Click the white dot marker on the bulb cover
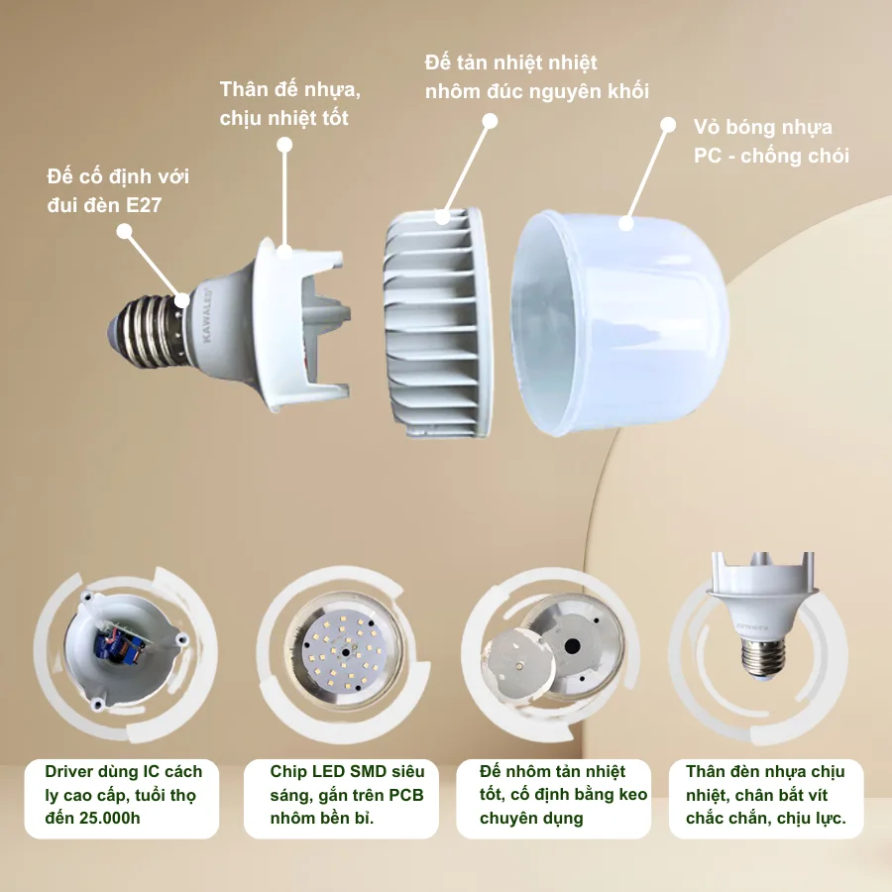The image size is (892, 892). pyautogui.click(x=626, y=223)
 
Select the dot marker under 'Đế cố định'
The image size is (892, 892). pyautogui.click(x=124, y=231)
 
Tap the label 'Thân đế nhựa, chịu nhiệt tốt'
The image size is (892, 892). pyautogui.click(x=289, y=103)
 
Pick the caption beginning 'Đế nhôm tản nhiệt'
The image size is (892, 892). pyautogui.click(x=551, y=795)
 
